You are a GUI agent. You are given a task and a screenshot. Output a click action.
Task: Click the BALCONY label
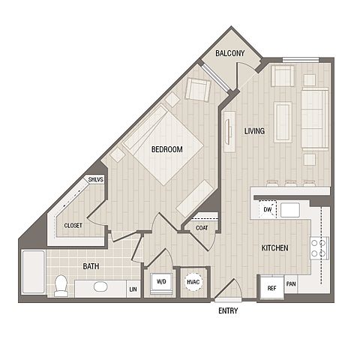[x=229, y=53]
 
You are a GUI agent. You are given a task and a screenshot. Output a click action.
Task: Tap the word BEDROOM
[x=167, y=149]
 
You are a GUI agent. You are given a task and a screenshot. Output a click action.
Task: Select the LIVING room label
[x=254, y=131]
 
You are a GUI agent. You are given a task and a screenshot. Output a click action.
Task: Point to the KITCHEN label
[x=274, y=248]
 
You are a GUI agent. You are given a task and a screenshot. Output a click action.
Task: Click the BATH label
[x=91, y=266]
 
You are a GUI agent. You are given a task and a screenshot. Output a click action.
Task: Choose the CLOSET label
[x=73, y=226]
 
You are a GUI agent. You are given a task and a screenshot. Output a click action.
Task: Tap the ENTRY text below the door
[x=228, y=310]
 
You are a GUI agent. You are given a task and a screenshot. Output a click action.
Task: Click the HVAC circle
[x=193, y=282]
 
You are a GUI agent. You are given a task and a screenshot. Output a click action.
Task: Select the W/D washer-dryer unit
[x=161, y=283]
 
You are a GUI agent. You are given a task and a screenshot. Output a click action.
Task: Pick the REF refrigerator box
[x=271, y=288]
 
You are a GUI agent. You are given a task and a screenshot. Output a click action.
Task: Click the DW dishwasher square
[x=268, y=209]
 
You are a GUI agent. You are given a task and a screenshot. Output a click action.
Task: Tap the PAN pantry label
[x=291, y=284]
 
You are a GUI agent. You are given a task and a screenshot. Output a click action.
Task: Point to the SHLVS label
[x=96, y=179]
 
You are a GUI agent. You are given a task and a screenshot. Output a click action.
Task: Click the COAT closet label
[x=202, y=228]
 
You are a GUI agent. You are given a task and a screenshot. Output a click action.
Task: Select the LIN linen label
[x=133, y=289]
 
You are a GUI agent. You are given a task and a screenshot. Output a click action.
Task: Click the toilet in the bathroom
[x=61, y=286]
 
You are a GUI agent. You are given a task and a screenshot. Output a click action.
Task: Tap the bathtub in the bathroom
[x=34, y=271]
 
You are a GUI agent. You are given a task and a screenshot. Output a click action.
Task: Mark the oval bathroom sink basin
[x=100, y=286]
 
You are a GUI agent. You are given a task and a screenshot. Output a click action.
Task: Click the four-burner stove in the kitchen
[x=319, y=248]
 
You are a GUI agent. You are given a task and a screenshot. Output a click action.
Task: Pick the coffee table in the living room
[x=283, y=122]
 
